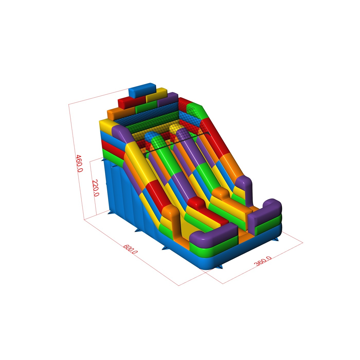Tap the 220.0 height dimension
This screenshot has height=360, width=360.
point(96,188)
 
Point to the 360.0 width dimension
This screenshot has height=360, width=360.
point(263,261)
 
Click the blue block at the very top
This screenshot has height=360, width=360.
point(142,90)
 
